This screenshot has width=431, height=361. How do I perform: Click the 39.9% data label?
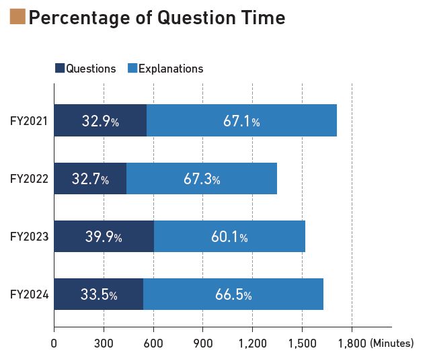coord(103,237)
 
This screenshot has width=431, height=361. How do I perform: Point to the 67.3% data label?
coord(202,179)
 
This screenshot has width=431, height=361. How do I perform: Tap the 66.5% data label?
coord(233,294)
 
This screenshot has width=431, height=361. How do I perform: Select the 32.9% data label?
coord(100,121)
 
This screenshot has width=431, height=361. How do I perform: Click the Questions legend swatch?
coord(59,68)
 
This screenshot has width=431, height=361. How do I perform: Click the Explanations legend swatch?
coord(132,68)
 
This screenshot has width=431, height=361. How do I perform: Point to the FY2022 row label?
coord(28,179)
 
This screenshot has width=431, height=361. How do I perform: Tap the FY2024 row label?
coord(28,294)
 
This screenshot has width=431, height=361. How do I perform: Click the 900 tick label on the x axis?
coord(202,344)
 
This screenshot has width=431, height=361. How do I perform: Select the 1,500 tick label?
coord(302,344)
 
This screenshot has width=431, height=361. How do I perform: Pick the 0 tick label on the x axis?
coord(54,344)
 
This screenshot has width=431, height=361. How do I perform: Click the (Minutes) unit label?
coord(391,344)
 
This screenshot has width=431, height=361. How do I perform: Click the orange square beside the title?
coord(17,16)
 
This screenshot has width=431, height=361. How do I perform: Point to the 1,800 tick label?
coord(351,344)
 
